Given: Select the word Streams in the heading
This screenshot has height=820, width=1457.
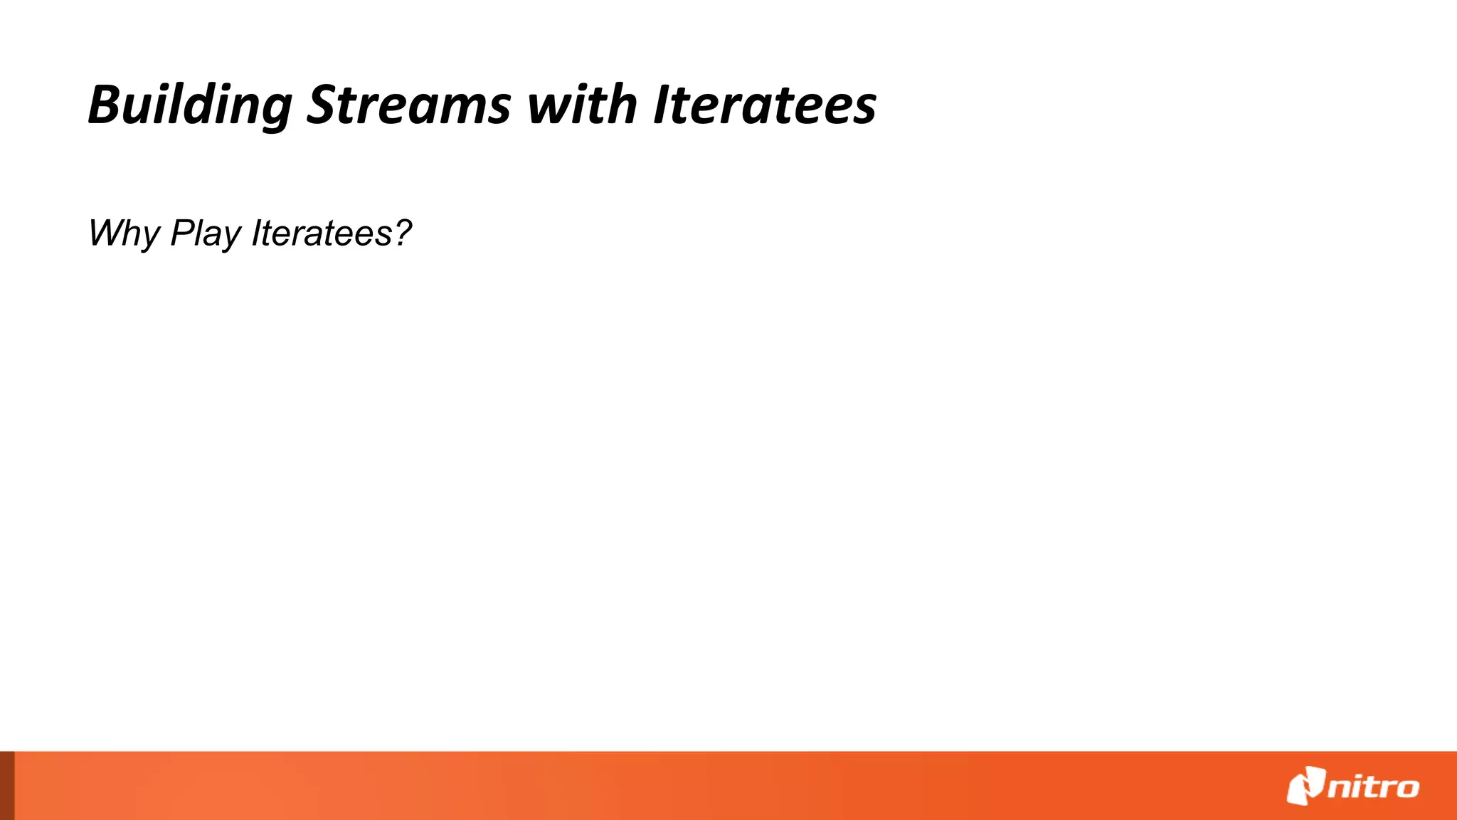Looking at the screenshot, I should pyautogui.click(x=408, y=105).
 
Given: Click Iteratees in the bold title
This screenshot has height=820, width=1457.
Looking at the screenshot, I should pyautogui.click(x=765, y=105).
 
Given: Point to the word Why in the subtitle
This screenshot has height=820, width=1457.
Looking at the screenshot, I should pyautogui.click(x=124, y=233).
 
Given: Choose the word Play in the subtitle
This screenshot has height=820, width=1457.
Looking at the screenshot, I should pyautogui.click(x=206, y=233).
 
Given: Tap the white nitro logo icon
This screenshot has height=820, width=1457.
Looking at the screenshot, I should pyautogui.click(x=1305, y=786).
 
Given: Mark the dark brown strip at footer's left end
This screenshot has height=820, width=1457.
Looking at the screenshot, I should pyautogui.click(x=6, y=786).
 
